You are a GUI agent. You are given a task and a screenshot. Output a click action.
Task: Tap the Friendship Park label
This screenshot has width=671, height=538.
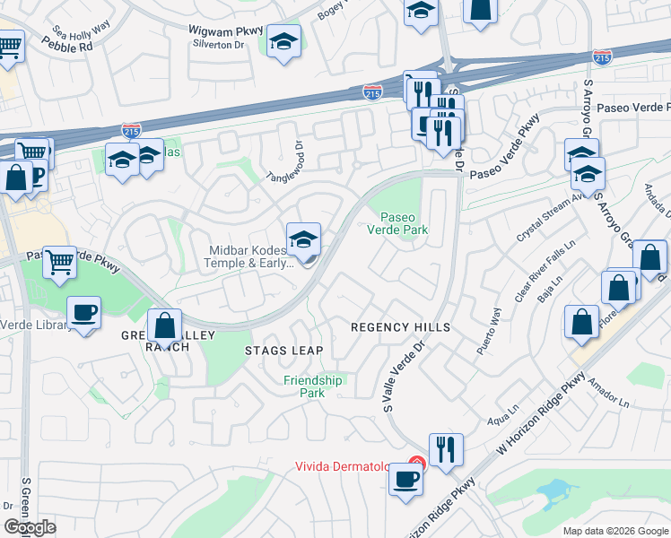(x=313, y=386)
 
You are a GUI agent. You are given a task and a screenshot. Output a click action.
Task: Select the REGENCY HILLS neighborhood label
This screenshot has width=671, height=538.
(x=399, y=328)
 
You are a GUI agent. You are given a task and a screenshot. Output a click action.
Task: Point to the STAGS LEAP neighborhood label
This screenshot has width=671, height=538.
(x=283, y=351)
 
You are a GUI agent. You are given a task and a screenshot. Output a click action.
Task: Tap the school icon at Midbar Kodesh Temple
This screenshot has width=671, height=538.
(x=304, y=239)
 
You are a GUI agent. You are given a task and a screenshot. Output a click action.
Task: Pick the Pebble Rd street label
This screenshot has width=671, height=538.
(x=67, y=45)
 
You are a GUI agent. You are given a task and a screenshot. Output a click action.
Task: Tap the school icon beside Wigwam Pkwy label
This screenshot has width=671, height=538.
(x=284, y=41)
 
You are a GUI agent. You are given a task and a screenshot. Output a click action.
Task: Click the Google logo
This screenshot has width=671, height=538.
(x=30, y=527)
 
